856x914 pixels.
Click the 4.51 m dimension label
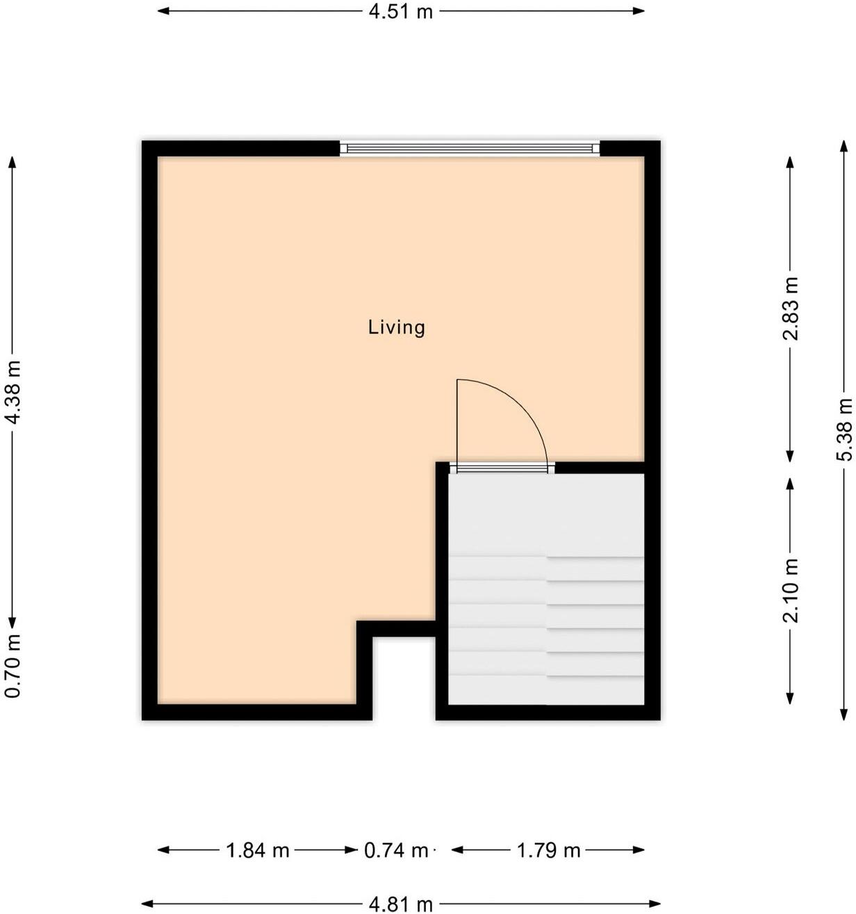tap(400, 12)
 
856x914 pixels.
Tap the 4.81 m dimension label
tap(400, 904)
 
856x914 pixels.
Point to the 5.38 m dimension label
tap(844, 430)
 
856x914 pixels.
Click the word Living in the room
tap(396, 327)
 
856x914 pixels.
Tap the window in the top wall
tap(470, 148)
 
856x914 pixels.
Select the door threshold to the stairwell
tap(502, 468)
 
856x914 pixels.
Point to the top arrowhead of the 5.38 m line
tap(843, 147)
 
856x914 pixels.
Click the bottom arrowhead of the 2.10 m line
tap(790, 698)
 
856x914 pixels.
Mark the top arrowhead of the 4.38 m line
tap(12, 163)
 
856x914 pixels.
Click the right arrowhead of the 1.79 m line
tap(638, 850)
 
